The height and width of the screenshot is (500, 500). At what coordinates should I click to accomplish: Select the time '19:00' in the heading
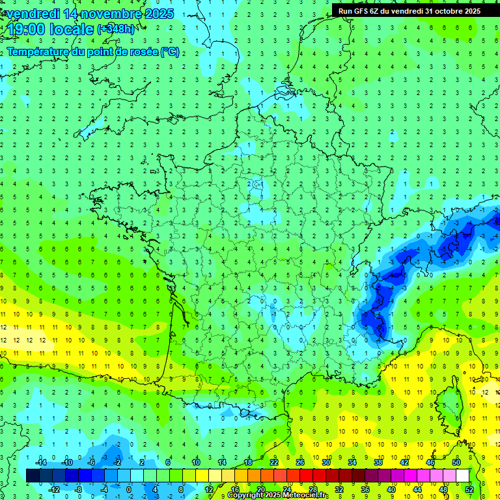click(x=28, y=29)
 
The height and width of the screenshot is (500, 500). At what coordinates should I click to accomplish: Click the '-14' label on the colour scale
click(x=41, y=462)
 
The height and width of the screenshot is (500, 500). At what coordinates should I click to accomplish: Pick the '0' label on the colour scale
click(x=128, y=490)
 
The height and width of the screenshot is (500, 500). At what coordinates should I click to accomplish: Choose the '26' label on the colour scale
click(x=300, y=462)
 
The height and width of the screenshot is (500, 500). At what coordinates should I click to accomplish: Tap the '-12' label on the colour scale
click(x=55, y=490)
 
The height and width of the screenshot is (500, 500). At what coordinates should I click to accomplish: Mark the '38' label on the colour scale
click(x=378, y=462)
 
